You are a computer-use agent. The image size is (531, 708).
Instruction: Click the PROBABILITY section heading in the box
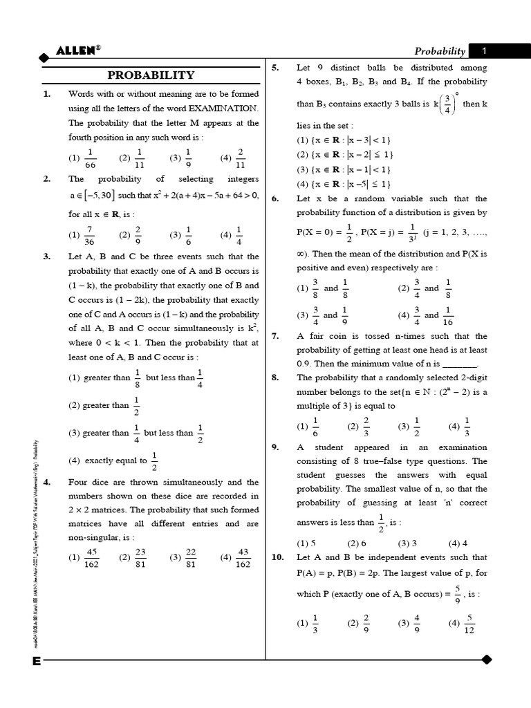(x=151, y=75)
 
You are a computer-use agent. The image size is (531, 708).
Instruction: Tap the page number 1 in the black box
(x=485, y=50)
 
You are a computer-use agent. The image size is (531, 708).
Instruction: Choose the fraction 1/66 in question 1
(x=89, y=158)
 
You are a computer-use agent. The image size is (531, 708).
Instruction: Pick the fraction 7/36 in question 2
(x=89, y=234)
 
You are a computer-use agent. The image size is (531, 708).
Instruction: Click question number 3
(x=46, y=257)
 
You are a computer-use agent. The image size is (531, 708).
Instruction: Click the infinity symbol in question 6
(x=301, y=253)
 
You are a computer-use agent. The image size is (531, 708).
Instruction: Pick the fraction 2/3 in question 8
(x=366, y=427)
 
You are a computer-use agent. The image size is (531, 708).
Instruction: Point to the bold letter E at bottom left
(x=36, y=662)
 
